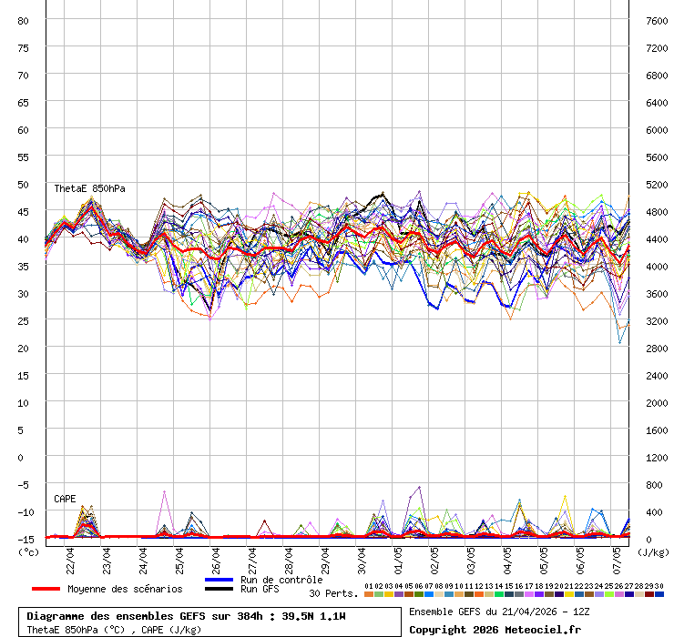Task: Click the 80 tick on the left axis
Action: [x=24, y=20]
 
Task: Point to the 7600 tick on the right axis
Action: [x=657, y=20]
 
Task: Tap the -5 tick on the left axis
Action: [x=24, y=484]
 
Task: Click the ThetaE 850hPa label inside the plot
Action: [x=89, y=188]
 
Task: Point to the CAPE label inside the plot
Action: [x=65, y=499]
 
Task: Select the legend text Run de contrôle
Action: [x=281, y=580]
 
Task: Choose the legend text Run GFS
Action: [x=260, y=589]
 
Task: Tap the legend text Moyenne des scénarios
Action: [x=125, y=589]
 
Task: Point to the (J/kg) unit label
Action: [x=652, y=551]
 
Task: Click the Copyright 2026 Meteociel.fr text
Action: [x=495, y=629]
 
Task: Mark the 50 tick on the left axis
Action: [x=24, y=184]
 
